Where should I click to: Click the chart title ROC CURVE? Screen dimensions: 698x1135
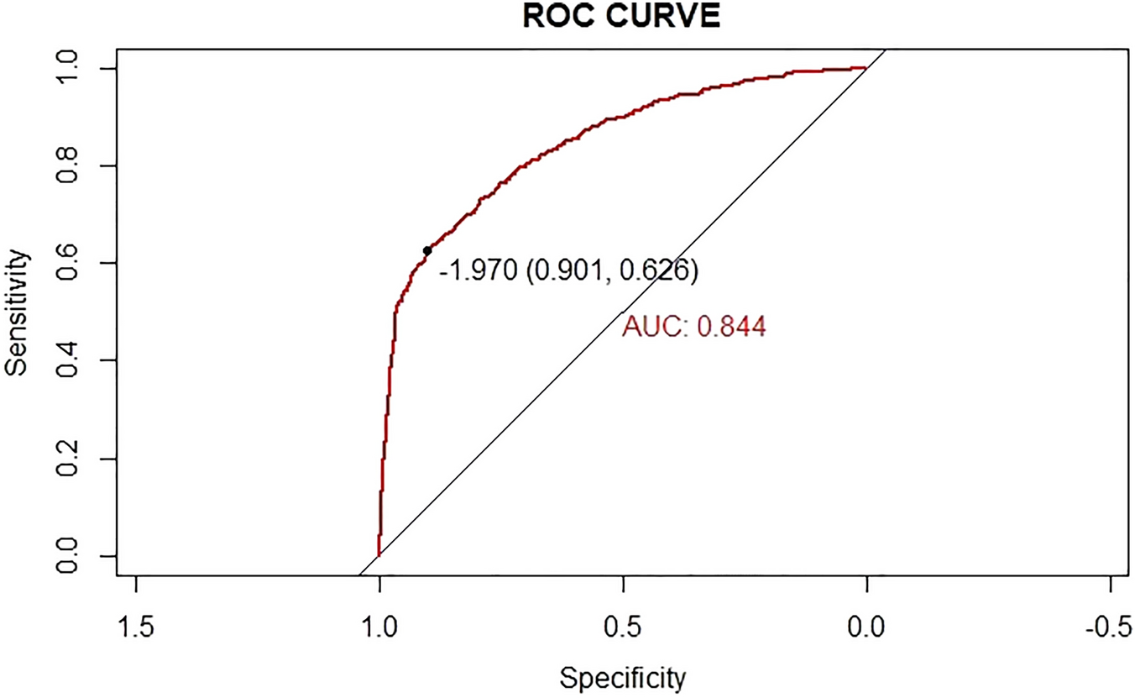click(x=621, y=18)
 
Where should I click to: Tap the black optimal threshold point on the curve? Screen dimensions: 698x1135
click(x=427, y=250)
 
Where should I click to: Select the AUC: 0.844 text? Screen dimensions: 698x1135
click(x=693, y=327)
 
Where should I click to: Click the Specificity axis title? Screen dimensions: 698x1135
click(x=623, y=677)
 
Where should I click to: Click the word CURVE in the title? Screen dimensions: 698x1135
click(x=665, y=18)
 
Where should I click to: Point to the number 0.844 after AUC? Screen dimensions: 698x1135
click(x=732, y=327)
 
